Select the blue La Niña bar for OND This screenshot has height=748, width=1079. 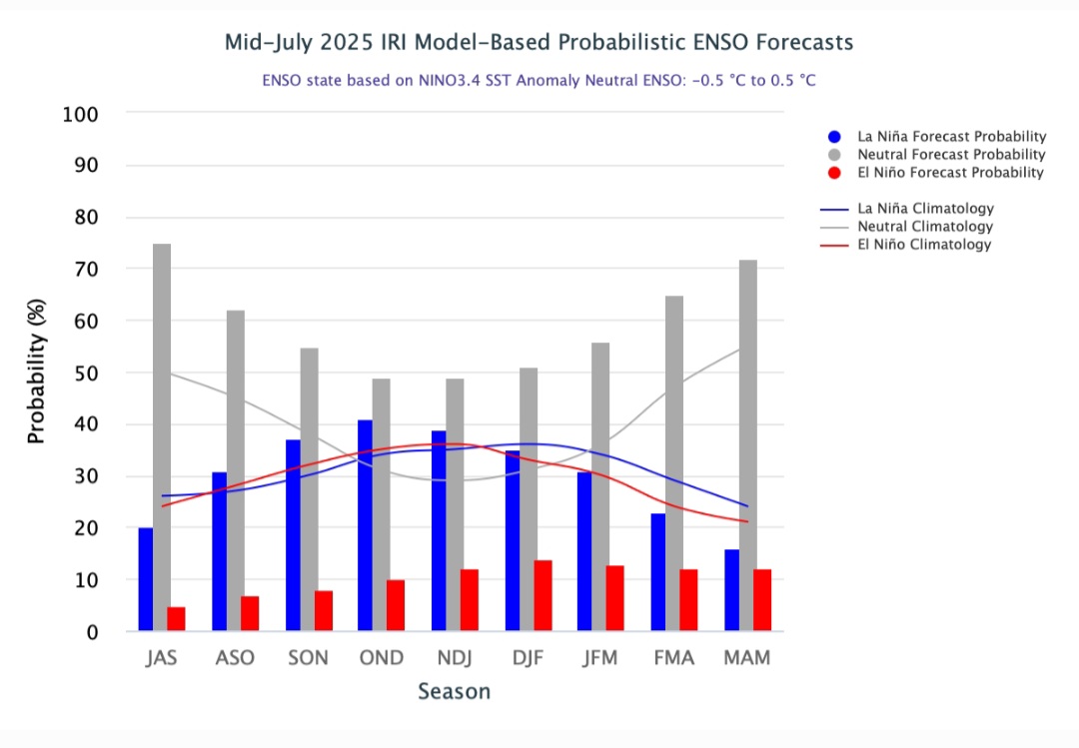[366, 525]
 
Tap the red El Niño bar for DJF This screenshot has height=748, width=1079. [542, 595]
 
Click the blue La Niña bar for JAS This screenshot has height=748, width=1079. [146, 579]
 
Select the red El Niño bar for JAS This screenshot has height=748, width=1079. [176, 618]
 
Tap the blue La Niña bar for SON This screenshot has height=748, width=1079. [293, 534]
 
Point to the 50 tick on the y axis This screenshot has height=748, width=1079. [86, 373]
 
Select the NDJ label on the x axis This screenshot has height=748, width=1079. [455, 658]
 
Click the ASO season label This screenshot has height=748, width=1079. [235, 658]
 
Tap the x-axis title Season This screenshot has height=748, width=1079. [454, 691]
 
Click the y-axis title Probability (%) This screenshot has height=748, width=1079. [36, 372]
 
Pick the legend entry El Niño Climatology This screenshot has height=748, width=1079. [925, 245]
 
